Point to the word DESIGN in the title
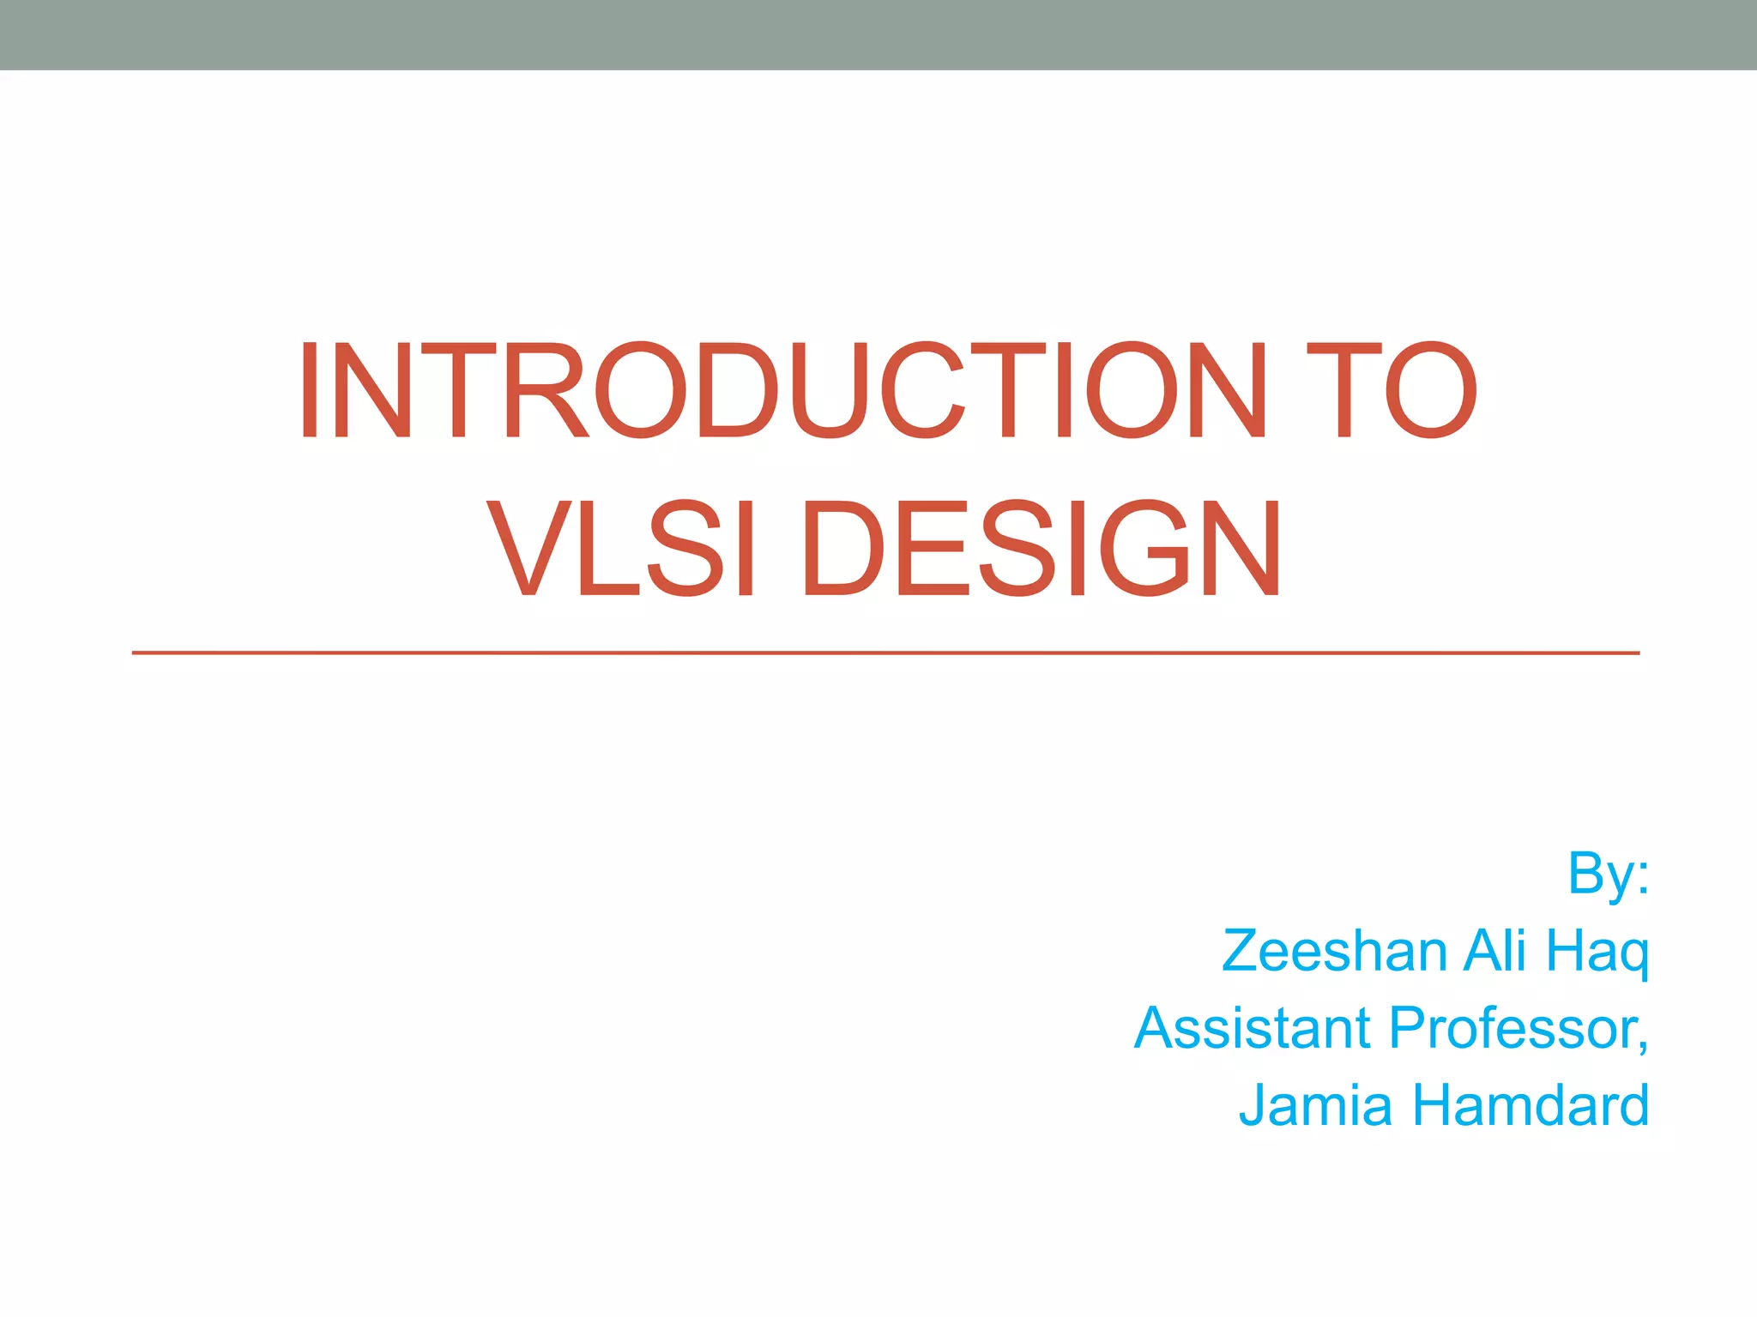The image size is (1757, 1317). [1042, 549]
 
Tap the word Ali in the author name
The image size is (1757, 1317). [1494, 951]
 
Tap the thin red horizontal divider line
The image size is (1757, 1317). [884, 653]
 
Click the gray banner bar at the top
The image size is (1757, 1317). [878, 34]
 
